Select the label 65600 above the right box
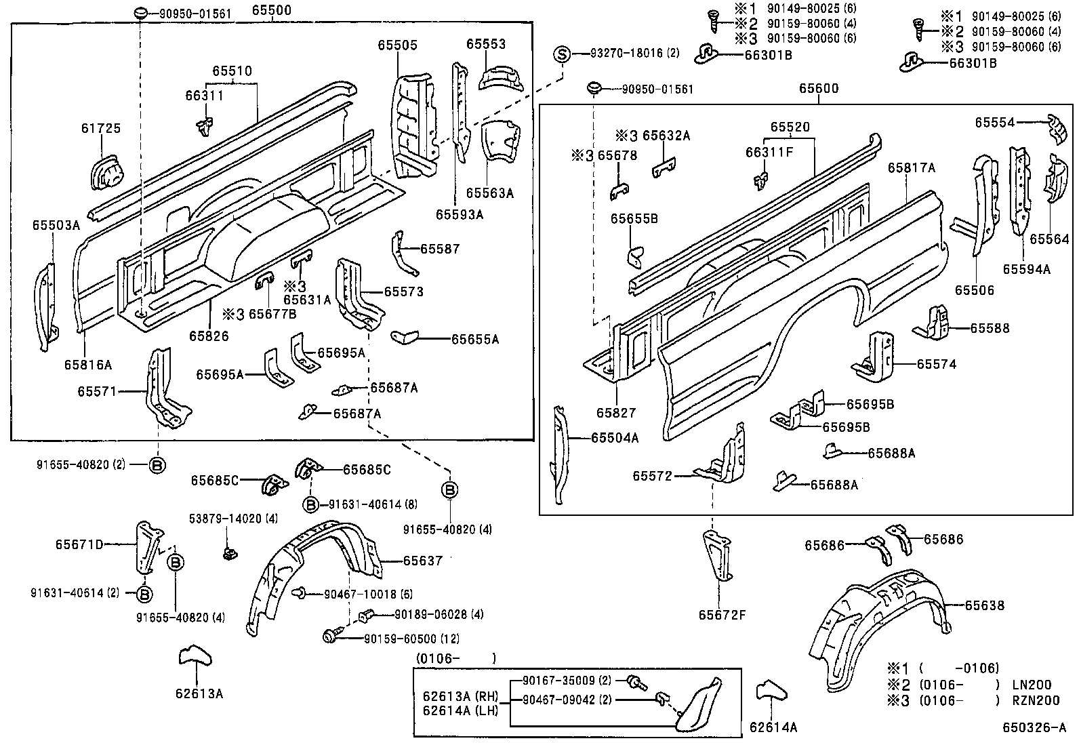[x=818, y=89]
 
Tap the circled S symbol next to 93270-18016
[x=562, y=54]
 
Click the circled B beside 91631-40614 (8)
[x=310, y=504]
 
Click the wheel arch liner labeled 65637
[x=312, y=573]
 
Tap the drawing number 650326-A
[x=1034, y=729]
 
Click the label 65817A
[x=910, y=167]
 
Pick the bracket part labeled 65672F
[x=716, y=556]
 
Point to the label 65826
[x=208, y=336]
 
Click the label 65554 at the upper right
[x=994, y=122]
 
